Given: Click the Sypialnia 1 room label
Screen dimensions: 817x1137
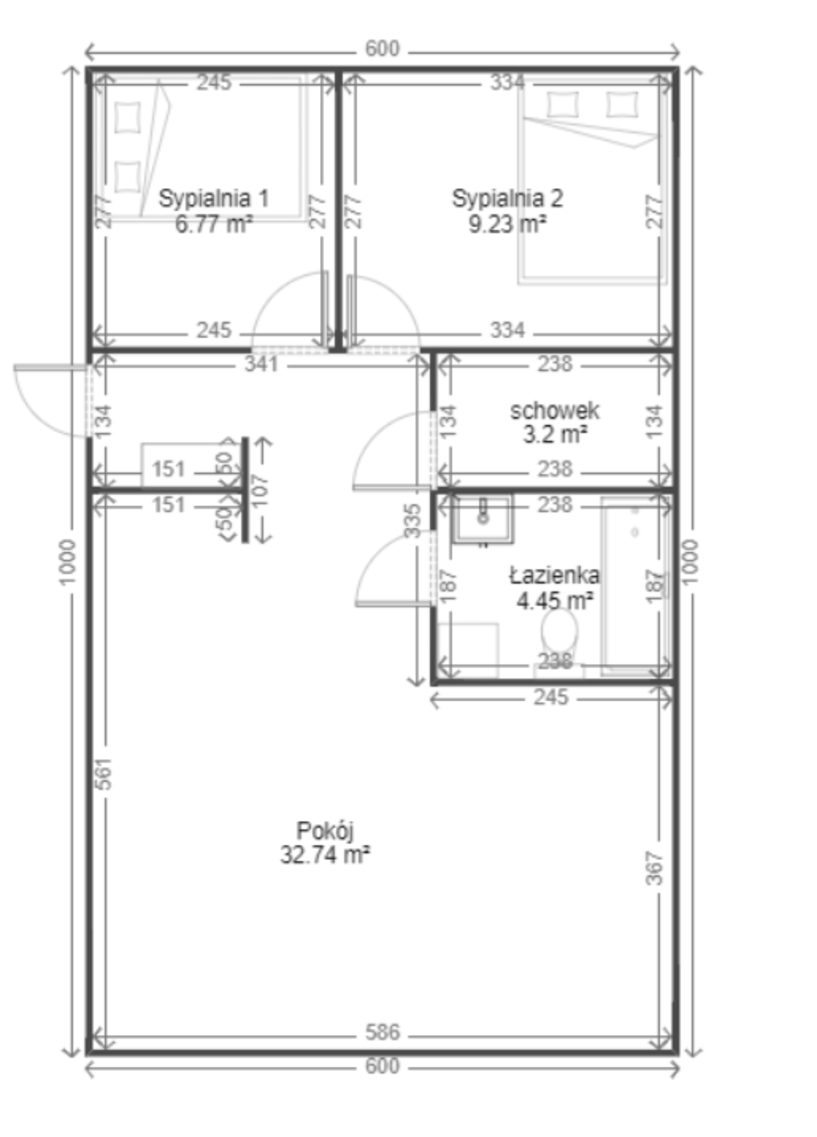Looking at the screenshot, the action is pos(214,198).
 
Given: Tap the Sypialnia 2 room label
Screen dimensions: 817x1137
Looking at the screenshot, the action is pos(508,198).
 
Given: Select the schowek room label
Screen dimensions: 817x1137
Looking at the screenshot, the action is pos(555,411).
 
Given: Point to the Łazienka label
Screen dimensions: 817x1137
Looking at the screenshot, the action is pos(555,576).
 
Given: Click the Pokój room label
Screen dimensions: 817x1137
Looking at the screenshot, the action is pos(325,831).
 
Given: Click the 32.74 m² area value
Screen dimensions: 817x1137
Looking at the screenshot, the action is pos(325,855).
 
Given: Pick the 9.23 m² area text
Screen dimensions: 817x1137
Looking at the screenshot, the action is pos(508,224).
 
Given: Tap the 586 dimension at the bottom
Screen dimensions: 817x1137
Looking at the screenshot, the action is pos(382,1032).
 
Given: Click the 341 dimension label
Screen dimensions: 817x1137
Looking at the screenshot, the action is pos(261,364).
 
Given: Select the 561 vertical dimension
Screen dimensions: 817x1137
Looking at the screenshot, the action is pos(103,773).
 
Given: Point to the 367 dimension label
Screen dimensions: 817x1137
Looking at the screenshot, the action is pos(654,868).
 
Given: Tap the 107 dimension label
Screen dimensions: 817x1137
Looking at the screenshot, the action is pos(261,490).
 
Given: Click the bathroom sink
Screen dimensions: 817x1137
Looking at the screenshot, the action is pos(483,519).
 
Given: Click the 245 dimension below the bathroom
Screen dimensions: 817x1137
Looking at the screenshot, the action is pos(551,697).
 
